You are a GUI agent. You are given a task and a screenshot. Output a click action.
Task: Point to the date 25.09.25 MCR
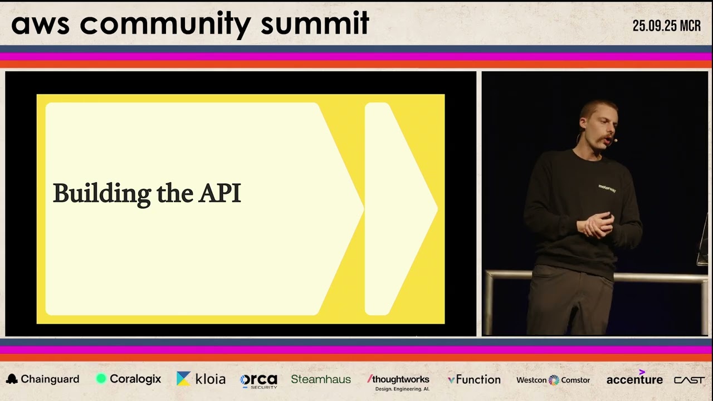[666, 26]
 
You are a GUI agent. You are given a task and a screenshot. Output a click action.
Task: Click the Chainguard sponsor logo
[43, 379]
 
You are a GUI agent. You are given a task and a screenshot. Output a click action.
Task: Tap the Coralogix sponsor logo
[129, 379]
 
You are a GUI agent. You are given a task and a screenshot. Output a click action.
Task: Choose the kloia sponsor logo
[201, 379]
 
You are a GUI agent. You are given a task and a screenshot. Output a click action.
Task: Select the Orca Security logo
[258, 380]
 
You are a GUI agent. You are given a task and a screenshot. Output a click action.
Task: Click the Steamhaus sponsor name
[321, 379]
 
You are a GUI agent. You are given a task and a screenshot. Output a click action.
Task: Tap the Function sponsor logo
[474, 380]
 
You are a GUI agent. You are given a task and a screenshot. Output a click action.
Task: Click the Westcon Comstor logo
[553, 380]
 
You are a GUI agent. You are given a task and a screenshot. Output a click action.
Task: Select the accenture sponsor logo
[634, 379]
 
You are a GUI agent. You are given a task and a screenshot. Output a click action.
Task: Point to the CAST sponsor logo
[689, 380]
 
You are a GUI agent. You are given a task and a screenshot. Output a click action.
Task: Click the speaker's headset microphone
[614, 140]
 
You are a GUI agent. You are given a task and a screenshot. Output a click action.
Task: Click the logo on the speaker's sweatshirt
[607, 188]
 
